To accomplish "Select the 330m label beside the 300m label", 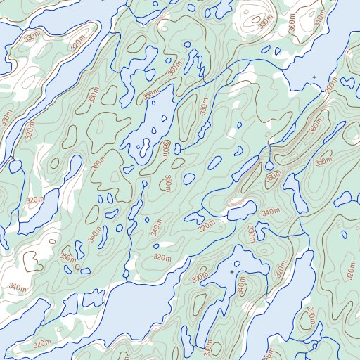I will (x=265, y=22).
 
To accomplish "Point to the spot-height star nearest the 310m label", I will (x=314, y=76).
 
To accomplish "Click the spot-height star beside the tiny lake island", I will (x=231, y=271).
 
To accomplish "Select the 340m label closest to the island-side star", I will (x=243, y=286).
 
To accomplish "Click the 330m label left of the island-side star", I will (x=200, y=279).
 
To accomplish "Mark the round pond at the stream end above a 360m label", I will (x=189, y=179).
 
